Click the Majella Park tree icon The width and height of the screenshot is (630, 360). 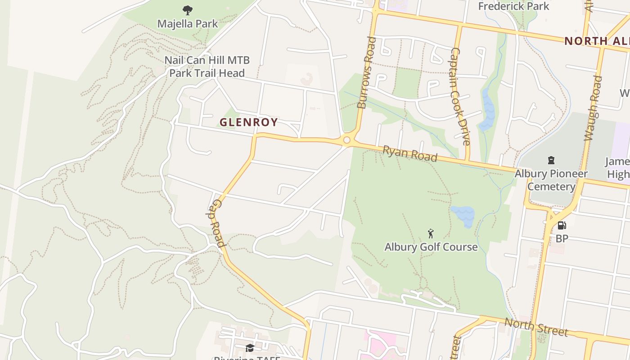coord(188,10)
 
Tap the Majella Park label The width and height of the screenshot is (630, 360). coord(188,24)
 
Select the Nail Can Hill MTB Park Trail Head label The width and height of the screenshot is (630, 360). coord(207,67)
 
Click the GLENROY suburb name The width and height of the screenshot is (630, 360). coord(248,122)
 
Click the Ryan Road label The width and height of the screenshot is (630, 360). coord(409,153)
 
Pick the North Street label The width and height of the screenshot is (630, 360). coord(536,327)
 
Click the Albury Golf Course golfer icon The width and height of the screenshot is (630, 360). coord(431,234)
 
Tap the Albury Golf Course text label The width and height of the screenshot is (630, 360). coord(431,247)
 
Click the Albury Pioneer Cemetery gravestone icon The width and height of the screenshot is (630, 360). coord(551,160)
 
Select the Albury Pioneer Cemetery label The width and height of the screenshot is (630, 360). coord(551,180)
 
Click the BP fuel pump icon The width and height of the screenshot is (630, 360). coord(562,225)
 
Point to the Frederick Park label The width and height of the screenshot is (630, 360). coord(513,6)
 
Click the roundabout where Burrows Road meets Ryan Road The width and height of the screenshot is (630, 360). coord(346,140)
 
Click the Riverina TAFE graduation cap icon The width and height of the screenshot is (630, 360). coord(250,348)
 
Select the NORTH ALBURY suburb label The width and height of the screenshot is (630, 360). coord(597,41)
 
